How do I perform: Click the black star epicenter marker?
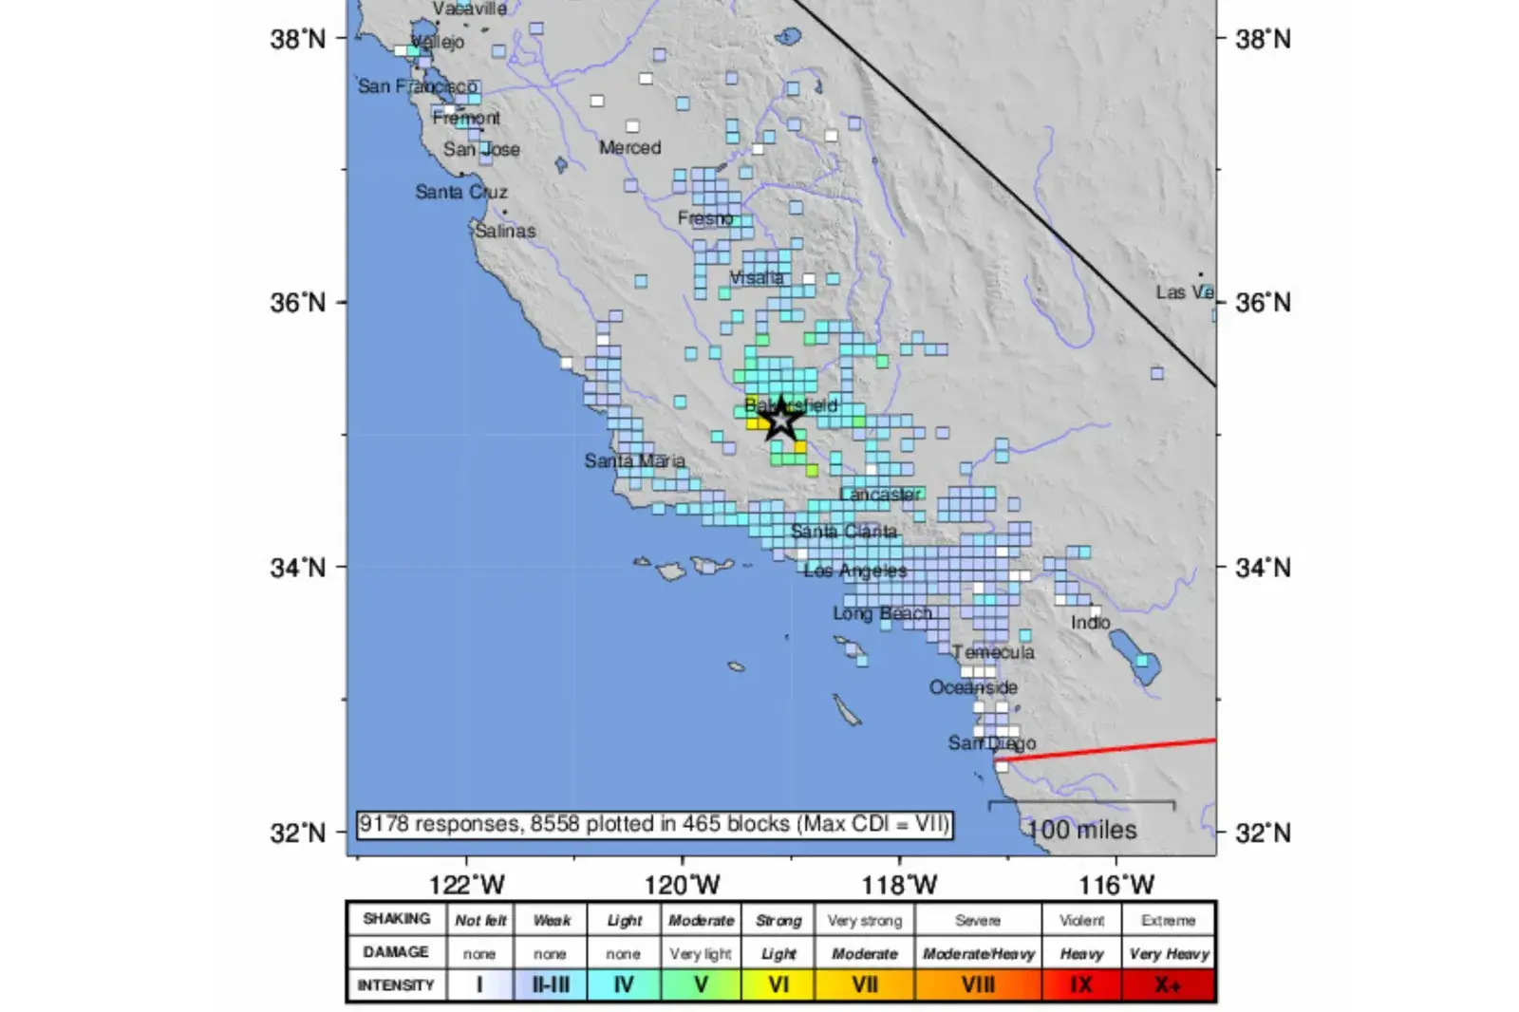coord(780,419)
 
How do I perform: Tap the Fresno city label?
coord(705,218)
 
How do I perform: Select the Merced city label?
coord(629,148)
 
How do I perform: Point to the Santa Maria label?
coord(634,461)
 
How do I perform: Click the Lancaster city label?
coord(880,495)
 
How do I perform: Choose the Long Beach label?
coord(883,613)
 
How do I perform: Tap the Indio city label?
coord(1090,623)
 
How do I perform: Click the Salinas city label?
coord(505,231)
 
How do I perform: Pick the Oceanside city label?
coord(973,687)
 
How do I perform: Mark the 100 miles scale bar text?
coord(1081,831)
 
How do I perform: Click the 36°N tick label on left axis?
coord(297,303)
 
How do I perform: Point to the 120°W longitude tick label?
coord(682,886)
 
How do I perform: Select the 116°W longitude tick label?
coord(1116,886)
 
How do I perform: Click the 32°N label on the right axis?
coord(1264,834)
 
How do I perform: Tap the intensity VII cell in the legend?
coord(864,985)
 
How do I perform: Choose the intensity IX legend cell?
coord(1081,985)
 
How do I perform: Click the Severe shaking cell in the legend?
coord(978,921)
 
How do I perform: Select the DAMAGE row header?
coord(396,952)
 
